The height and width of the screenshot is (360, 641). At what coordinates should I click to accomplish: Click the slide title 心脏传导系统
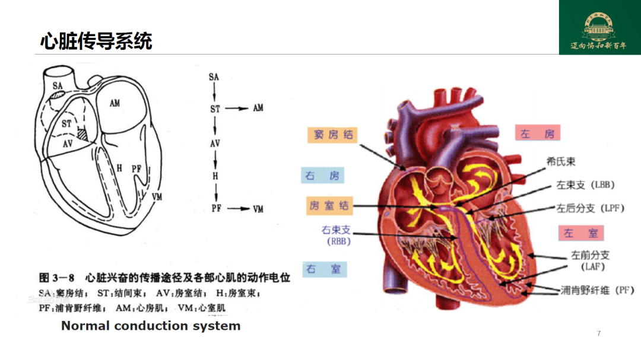pyautogui.click(x=96, y=41)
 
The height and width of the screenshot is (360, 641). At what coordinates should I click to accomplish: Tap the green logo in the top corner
pyautogui.click(x=599, y=28)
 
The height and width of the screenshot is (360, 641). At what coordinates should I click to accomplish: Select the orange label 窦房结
pyautogui.click(x=333, y=135)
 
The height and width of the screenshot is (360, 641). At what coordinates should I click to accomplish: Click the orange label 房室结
pyautogui.click(x=329, y=206)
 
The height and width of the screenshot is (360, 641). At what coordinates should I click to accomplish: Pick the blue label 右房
pyautogui.click(x=322, y=176)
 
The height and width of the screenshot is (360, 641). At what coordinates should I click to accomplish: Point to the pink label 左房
pyautogui.click(x=537, y=133)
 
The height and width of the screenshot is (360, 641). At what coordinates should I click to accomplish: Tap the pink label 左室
pyautogui.click(x=580, y=233)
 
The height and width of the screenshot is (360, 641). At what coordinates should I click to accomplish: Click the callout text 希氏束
pyautogui.click(x=561, y=161)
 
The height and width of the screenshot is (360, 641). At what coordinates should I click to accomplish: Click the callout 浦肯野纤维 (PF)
pyautogui.click(x=597, y=291)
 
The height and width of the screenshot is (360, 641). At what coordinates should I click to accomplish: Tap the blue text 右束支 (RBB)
pyautogui.click(x=337, y=235)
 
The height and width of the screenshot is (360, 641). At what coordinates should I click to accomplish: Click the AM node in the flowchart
pyautogui.click(x=258, y=109)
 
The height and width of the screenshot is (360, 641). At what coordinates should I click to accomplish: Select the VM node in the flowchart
pyautogui.click(x=258, y=209)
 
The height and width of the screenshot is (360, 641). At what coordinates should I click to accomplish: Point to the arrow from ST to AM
pyautogui.click(x=236, y=109)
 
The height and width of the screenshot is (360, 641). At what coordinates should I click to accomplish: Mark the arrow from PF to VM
pyautogui.click(x=236, y=209)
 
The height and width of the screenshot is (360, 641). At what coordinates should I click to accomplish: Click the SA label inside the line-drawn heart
pyautogui.click(x=58, y=86)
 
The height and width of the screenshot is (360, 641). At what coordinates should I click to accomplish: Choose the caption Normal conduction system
pyautogui.click(x=151, y=326)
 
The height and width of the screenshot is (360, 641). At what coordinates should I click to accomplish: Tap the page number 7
pyautogui.click(x=599, y=333)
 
